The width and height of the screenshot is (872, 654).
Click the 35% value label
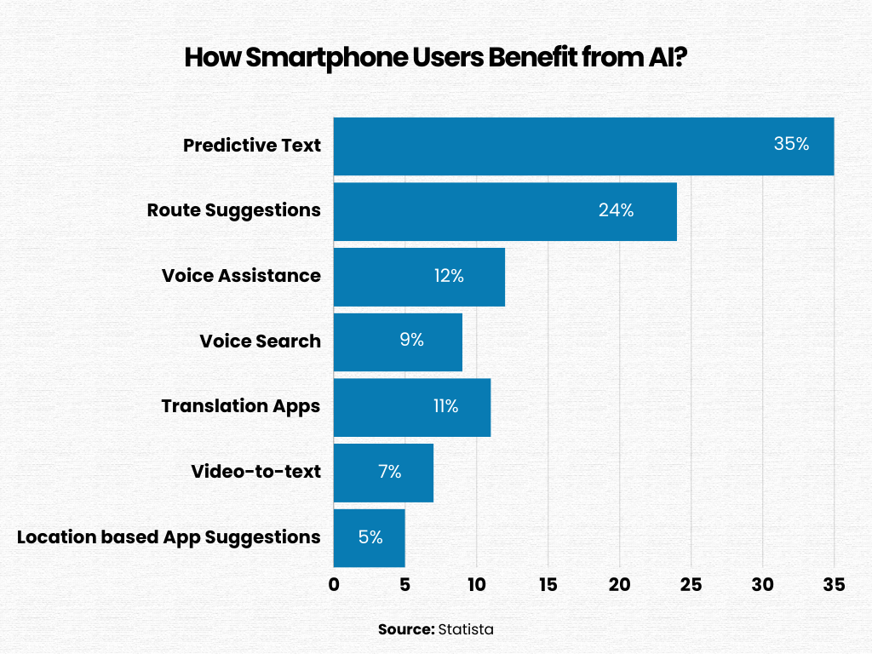[791, 144]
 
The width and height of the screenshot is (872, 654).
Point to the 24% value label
[616, 210]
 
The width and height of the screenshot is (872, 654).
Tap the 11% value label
[445, 406]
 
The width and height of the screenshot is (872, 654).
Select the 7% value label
[389, 472]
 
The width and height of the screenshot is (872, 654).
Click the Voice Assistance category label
[241, 276]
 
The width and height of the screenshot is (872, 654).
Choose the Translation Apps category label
[241, 406]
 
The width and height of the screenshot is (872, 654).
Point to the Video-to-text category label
[255, 472]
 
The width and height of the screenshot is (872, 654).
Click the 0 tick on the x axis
[334, 585]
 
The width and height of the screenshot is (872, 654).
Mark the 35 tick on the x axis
[834, 585]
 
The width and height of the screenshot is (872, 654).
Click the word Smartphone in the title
[314, 59]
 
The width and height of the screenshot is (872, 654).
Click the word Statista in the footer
[466, 629]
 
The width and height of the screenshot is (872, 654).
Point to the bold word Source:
[406, 629]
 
